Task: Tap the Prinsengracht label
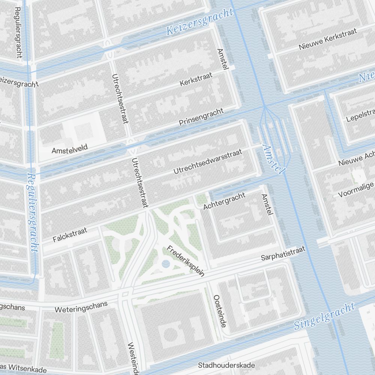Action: [x=201, y=117]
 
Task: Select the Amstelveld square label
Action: [x=69, y=149]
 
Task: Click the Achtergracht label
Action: [x=224, y=201]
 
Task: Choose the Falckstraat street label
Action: [x=70, y=234]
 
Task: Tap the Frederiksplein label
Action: [x=186, y=261]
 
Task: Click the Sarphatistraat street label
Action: [x=283, y=253]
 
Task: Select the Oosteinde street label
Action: [x=219, y=310]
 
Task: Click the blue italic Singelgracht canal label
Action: [x=324, y=316]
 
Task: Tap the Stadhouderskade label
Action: [x=226, y=365]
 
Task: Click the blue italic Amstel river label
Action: [x=273, y=159]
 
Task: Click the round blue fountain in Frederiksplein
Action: [x=166, y=265]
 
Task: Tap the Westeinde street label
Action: [x=133, y=358]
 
